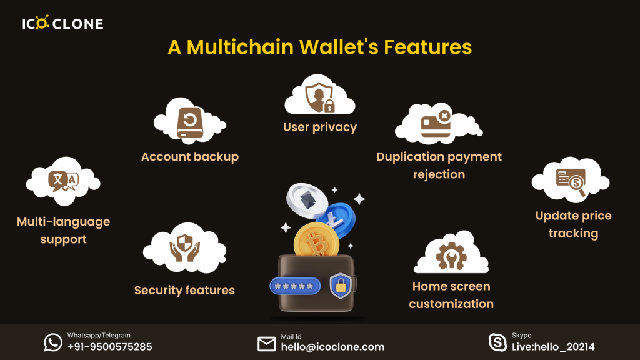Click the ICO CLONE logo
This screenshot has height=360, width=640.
click(62, 24)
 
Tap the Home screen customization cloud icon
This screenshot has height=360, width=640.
click(451, 254)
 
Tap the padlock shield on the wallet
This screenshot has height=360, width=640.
click(341, 285)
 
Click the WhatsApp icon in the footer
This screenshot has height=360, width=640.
click(53, 342)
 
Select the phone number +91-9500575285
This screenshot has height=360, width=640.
click(109, 347)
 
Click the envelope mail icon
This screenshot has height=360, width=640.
click(267, 344)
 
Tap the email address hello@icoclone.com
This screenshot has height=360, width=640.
click(332, 347)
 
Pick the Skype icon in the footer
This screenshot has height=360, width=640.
click(497, 342)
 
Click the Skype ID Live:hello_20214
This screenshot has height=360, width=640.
click(553, 347)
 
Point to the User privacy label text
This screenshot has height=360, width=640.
click(320, 127)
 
